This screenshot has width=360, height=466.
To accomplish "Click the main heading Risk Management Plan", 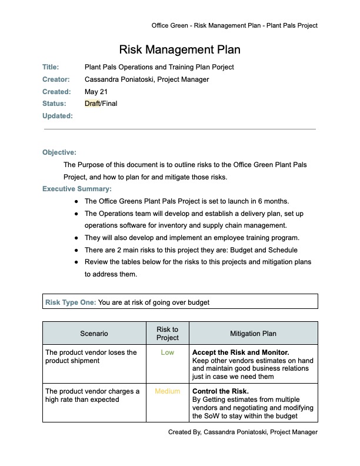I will (x=179, y=49).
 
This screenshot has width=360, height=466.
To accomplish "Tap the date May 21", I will (x=95, y=92).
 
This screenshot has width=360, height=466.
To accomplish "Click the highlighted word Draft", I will (x=92, y=104).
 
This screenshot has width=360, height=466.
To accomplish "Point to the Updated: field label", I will (x=57, y=116).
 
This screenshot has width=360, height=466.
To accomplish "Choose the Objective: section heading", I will (x=59, y=152).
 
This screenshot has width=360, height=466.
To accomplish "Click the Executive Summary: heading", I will (x=76, y=189).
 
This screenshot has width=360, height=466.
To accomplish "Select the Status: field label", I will (x=54, y=104).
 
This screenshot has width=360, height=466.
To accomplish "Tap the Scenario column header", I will (x=94, y=334).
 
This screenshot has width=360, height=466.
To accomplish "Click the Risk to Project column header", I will (x=167, y=334).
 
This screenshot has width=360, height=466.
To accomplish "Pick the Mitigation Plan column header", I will (x=253, y=334).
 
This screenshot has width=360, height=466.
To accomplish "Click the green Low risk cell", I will (x=167, y=353).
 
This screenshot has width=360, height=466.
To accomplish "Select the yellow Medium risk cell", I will (x=167, y=391).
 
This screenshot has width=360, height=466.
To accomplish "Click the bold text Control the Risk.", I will (x=221, y=391).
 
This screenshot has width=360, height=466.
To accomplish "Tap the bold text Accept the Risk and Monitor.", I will (x=241, y=353).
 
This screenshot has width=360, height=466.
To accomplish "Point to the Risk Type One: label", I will (x=70, y=303).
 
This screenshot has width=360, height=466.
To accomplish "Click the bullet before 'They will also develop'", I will (x=76, y=238).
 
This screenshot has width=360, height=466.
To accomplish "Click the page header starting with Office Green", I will (x=234, y=25).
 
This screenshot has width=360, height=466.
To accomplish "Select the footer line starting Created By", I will (x=242, y=432).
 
